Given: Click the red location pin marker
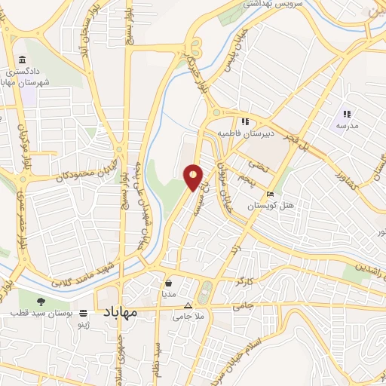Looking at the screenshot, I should (x=194, y=176).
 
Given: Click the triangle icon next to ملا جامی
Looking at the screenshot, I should (x=188, y=305).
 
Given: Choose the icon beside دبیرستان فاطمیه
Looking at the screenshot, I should (x=245, y=121).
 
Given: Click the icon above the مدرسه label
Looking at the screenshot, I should (x=348, y=113).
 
